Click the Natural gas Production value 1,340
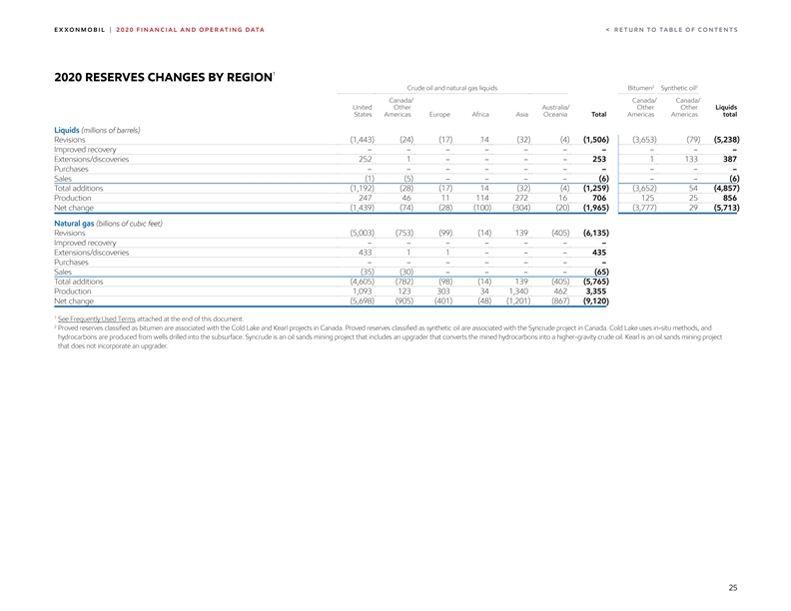(516, 291)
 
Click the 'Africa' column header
(479, 114)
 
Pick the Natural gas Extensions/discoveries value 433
(365, 252)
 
